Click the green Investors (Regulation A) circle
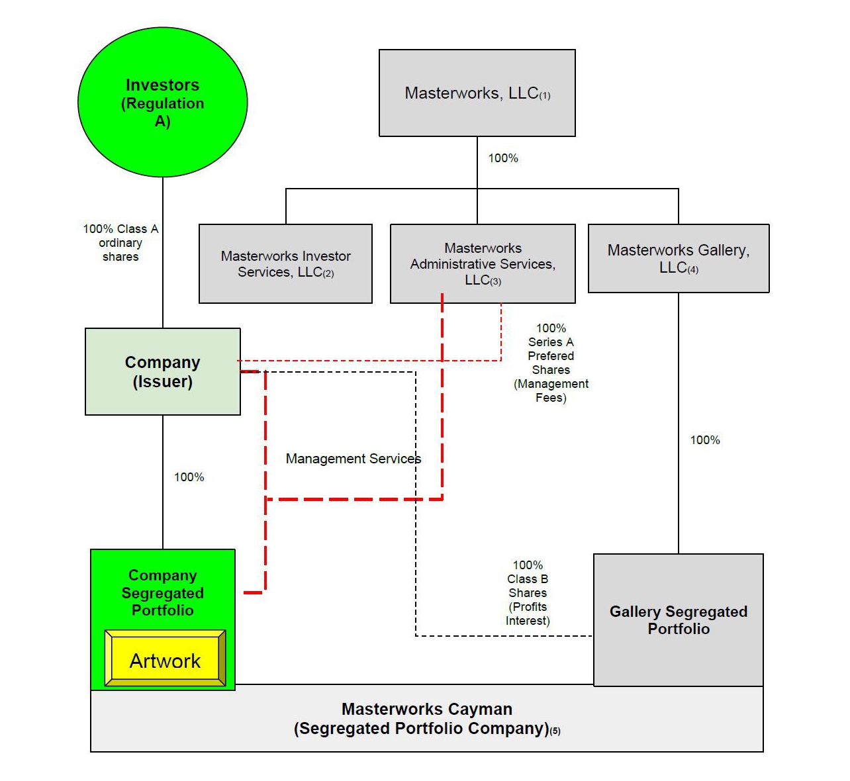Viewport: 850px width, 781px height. [x=162, y=103]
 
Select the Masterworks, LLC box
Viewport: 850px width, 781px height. [x=477, y=93]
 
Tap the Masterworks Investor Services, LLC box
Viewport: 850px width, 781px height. [x=285, y=263]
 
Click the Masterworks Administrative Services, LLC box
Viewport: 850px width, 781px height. [x=483, y=263]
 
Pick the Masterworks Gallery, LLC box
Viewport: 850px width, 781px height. [x=679, y=258]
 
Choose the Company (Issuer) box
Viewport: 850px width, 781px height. [x=162, y=371]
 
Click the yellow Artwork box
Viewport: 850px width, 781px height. [x=165, y=660]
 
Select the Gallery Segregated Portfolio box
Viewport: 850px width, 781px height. [x=679, y=620]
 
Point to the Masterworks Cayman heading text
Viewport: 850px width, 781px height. [x=427, y=709]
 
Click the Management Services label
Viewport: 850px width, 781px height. [x=353, y=459]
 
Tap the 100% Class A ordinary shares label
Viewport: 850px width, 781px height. [x=120, y=242]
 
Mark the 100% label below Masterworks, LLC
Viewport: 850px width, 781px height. [x=503, y=158]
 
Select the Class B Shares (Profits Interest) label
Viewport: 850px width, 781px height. [x=528, y=593]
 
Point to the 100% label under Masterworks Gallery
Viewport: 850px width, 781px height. [x=705, y=440]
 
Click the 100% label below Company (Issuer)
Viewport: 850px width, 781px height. [x=189, y=477]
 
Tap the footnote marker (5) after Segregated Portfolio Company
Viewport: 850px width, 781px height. [x=555, y=731]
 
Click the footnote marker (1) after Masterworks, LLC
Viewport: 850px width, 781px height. [x=545, y=96]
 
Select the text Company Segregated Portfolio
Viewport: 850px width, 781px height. [x=162, y=592]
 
